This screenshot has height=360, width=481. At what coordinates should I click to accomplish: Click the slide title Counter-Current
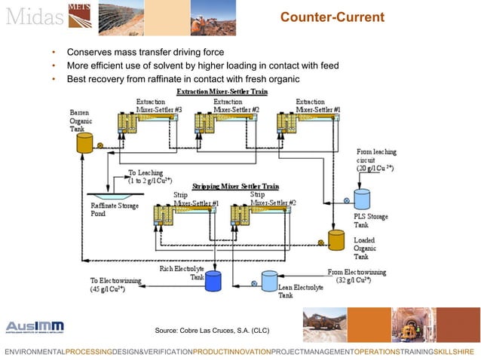pos(332,17)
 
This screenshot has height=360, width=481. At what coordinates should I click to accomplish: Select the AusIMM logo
pos(35,327)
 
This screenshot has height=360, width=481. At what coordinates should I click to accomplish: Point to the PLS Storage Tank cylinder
pos(363,199)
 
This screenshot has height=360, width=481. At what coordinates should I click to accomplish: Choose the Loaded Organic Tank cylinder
pos(336,239)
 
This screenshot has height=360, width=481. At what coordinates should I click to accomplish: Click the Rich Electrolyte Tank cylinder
pos(213,280)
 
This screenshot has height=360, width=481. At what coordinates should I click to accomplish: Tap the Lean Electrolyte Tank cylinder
pos(269,281)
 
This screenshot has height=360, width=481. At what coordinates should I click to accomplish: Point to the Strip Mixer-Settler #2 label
pos(273,199)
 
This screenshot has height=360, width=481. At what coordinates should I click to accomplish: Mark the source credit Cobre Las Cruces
pos(211,331)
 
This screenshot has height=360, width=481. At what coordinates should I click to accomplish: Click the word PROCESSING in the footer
pos(89,352)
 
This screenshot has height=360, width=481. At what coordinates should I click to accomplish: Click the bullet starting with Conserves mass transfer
pos(145,53)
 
